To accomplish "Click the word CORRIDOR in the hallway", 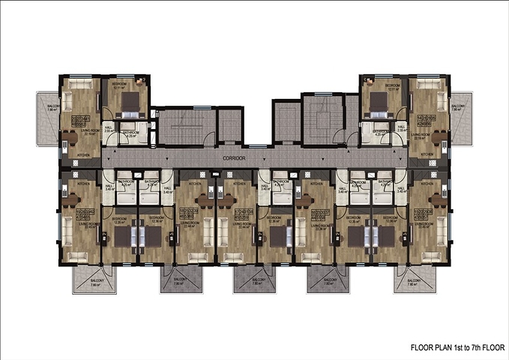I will click(235, 160).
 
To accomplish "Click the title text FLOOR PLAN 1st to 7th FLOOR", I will click(457, 348).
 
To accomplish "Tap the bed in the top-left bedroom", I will click(128, 101).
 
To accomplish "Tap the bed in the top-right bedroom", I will click(380, 101).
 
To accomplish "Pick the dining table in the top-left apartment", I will click(68, 137).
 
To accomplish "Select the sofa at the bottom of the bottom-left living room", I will click(77, 256).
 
